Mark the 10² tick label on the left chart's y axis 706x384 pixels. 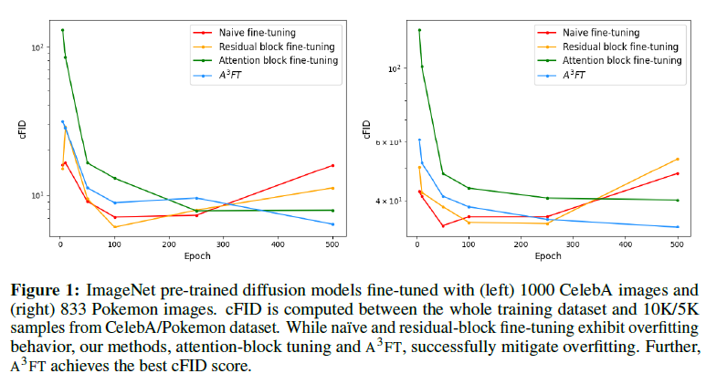pos(37,47)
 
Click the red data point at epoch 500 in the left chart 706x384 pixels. pos(332,165)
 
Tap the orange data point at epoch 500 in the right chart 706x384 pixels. pos(677,159)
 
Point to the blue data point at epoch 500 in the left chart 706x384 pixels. pos(332,224)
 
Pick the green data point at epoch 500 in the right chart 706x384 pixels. pos(677,200)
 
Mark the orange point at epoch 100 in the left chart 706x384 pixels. pos(115,227)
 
